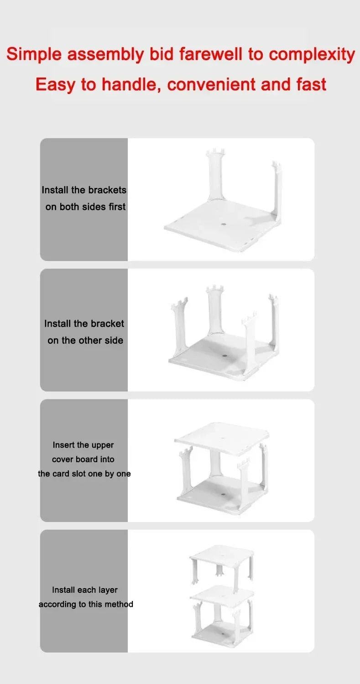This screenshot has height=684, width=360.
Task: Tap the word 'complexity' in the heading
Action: click(312, 54)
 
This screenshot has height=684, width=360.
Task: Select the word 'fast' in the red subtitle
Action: click(311, 84)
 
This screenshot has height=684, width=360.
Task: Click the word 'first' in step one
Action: click(117, 207)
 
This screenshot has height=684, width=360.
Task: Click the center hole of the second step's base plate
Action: click(224, 355)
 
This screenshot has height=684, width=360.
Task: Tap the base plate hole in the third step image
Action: click(223, 494)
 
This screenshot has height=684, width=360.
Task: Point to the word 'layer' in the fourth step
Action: click(108, 590)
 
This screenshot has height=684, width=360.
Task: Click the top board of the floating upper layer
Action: click(221, 554)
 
